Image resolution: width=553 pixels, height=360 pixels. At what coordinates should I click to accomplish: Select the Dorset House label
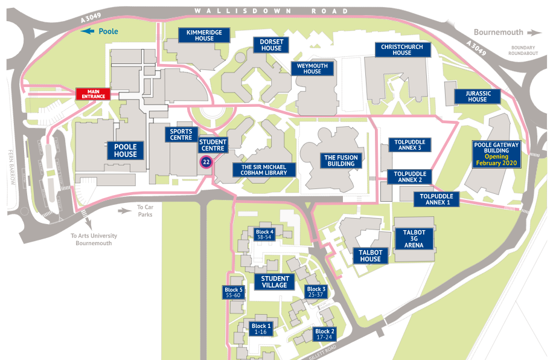coord(271,45)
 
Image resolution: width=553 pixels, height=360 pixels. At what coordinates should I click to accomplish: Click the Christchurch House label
coord(401,50)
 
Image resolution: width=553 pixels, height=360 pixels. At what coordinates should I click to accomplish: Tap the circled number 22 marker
coord(206,162)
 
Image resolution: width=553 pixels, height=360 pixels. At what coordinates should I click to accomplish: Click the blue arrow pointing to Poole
coord(89,31)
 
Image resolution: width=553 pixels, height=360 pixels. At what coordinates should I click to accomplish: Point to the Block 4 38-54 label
coord(264,234)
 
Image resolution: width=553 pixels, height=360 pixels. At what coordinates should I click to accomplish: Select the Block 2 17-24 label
coord(324,334)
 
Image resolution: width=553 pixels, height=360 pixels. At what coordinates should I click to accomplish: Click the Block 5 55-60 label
coord(233,292)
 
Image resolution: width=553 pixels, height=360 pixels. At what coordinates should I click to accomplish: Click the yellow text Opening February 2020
coord(496,160)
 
